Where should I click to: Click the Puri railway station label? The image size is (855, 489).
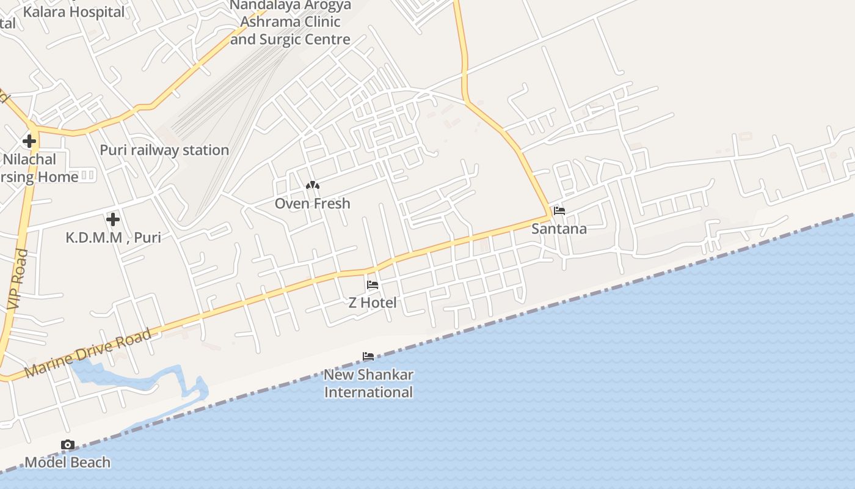[164, 150]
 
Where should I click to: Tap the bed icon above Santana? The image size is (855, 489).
[559, 211]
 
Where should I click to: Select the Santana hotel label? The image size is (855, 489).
[559, 229]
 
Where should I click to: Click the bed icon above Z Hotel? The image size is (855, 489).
[372, 285]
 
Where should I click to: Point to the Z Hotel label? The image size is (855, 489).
[372, 303]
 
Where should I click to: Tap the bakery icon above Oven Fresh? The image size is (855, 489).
[312, 185]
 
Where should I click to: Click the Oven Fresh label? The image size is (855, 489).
[312, 204]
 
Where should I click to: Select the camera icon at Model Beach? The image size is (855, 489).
[68, 445]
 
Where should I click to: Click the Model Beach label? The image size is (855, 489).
[68, 463]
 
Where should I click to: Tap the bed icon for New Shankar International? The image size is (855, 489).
[368, 356]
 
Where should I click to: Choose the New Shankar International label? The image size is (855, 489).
[368, 383]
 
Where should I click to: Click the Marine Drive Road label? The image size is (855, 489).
[89, 353]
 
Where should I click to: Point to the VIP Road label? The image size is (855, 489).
[18, 278]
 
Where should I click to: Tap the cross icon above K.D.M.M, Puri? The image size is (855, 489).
[113, 219]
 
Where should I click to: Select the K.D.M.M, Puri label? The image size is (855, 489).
[113, 237]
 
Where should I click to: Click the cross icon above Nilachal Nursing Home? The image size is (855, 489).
[29, 142]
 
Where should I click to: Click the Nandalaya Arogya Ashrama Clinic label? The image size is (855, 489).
[290, 23]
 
